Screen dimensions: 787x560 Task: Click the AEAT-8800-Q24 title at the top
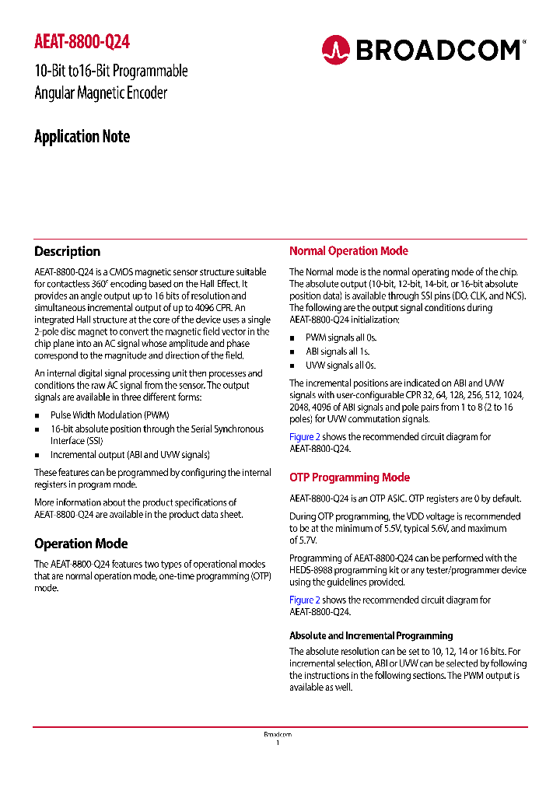[x=82, y=42]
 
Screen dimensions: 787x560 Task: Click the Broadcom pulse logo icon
[x=336, y=50]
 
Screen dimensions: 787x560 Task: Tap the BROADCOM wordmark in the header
[x=438, y=51]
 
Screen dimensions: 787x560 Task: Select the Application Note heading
[x=82, y=137]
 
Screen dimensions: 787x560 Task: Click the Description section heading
[x=67, y=251]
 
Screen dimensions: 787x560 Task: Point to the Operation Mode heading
[x=81, y=544]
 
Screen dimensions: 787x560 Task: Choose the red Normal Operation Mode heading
[x=348, y=251]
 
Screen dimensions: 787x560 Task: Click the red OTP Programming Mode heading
[x=349, y=477]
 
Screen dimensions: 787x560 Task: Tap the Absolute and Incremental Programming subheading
[x=371, y=635]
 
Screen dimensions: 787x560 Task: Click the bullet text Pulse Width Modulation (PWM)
[x=110, y=415]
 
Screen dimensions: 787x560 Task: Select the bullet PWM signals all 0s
[x=341, y=338]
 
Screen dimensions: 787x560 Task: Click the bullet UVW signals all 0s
[x=341, y=366]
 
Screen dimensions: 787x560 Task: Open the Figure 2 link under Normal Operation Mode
[x=305, y=437]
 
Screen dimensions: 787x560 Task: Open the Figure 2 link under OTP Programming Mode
[x=305, y=600]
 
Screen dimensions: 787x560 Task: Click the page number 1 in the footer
[x=278, y=743]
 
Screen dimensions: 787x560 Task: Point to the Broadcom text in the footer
[x=278, y=734]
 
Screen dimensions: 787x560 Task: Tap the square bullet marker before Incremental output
[x=37, y=455]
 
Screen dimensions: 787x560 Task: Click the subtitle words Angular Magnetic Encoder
[x=101, y=93]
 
